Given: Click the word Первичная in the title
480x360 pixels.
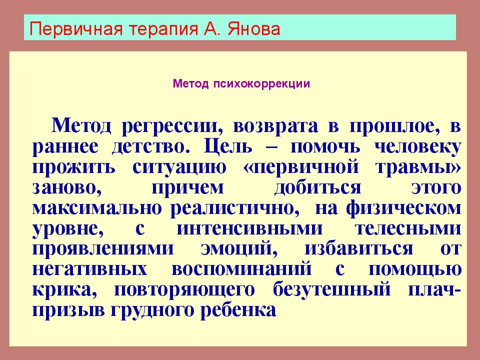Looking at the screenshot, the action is [x=76, y=29].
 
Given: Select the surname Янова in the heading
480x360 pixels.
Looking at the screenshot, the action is [x=254, y=29].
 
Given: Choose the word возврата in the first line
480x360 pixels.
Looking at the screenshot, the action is [x=275, y=126].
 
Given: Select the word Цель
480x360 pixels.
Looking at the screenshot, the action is [x=228, y=146].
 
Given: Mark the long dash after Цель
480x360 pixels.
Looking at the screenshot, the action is [x=271, y=147].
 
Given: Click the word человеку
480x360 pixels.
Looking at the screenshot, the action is [x=418, y=147].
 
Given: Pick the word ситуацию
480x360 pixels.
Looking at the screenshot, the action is [x=179, y=167].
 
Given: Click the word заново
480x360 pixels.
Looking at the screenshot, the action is [x=66, y=188].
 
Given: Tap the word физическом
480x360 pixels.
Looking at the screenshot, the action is [x=404, y=208].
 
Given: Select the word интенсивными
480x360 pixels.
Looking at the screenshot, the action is [x=250, y=228].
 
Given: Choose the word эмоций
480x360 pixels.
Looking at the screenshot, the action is [x=239, y=249].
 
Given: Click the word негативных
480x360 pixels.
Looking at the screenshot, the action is [x=89, y=269].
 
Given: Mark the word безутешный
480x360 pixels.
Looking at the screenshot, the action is [x=332, y=289].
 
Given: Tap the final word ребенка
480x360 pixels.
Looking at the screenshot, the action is [x=238, y=310].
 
